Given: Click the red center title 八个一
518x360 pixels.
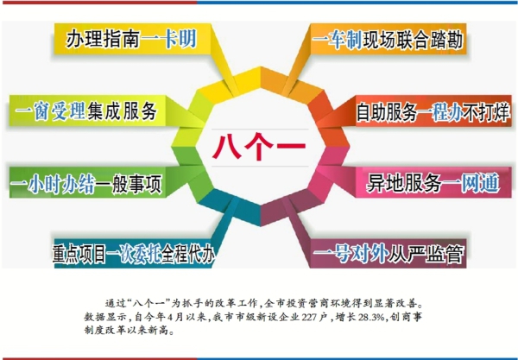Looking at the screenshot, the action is (x=259, y=147).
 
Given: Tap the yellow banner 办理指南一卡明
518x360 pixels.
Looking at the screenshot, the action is (x=132, y=39).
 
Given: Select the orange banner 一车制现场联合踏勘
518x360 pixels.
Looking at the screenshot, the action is (x=388, y=39).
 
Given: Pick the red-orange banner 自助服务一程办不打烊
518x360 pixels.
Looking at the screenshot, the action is (x=433, y=111).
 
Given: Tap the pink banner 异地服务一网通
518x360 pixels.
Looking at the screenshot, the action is (x=433, y=183).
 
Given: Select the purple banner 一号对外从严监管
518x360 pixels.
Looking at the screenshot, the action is (x=388, y=254).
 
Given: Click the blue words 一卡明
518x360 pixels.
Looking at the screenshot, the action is (x=169, y=40).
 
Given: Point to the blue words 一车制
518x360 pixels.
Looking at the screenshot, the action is (x=337, y=40).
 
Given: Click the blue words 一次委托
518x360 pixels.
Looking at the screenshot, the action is (x=134, y=255).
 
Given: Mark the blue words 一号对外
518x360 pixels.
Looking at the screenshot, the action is (x=351, y=255).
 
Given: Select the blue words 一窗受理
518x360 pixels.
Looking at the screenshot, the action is (x=50, y=111).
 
